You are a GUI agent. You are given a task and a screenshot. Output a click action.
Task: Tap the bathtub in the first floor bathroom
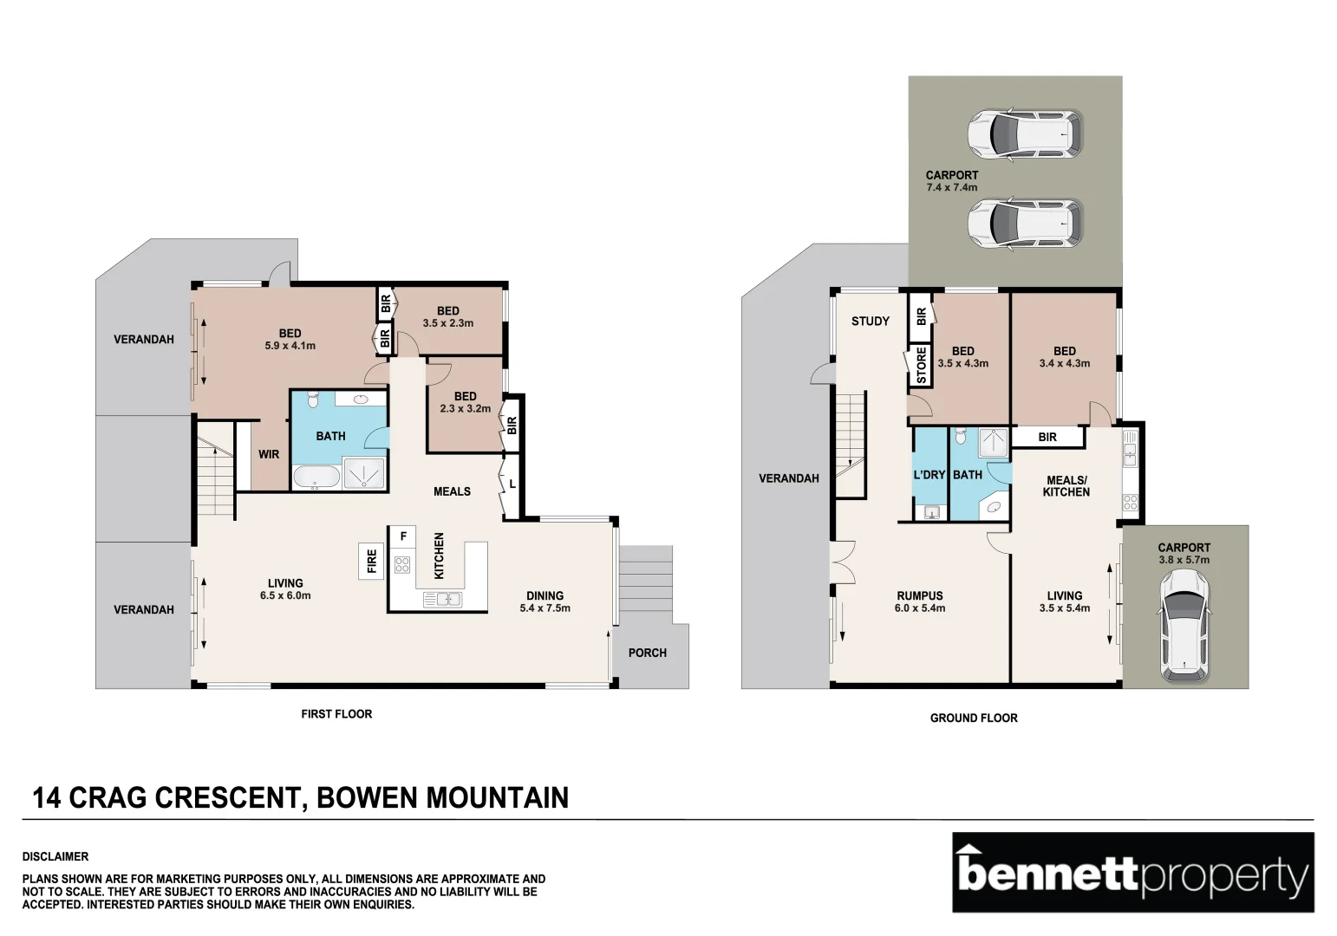pyautogui.click(x=316, y=477)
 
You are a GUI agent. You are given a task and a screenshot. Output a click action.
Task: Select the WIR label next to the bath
pyautogui.click(x=269, y=454)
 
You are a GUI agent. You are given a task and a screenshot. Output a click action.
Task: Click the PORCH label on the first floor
pyautogui.click(x=647, y=653)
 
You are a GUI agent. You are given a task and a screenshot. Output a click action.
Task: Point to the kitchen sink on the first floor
pyautogui.click(x=442, y=598)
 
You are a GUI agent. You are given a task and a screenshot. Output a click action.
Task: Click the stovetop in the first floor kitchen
pyautogui.click(x=402, y=565)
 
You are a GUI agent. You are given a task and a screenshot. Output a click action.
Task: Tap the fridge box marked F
pyautogui.click(x=402, y=536)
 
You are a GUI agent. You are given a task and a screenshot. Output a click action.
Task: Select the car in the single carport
pyautogui.click(x=1184, y=629)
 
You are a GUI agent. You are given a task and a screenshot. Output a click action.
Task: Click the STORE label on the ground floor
pyautogui.click(x=921, y=366)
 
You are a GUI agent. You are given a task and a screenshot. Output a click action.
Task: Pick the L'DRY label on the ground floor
pyautogui.click(x=929, y=475)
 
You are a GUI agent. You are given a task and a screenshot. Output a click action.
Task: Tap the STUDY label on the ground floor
pyautogui.click(x=870, y=322)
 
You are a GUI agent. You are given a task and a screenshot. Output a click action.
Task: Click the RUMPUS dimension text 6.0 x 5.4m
pyautogui.click(x=920, y=608)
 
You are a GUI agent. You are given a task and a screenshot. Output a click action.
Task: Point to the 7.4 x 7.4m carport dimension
pyautogui.click(x=951, y=187)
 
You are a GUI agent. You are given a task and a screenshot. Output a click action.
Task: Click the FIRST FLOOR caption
pyautogui.click(x=336, y=714)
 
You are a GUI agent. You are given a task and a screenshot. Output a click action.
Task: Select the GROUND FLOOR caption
pyautogui.click(x=973, y=718)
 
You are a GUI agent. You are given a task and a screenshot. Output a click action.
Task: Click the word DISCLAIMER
pyautogui.click(x=55, y=856)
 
